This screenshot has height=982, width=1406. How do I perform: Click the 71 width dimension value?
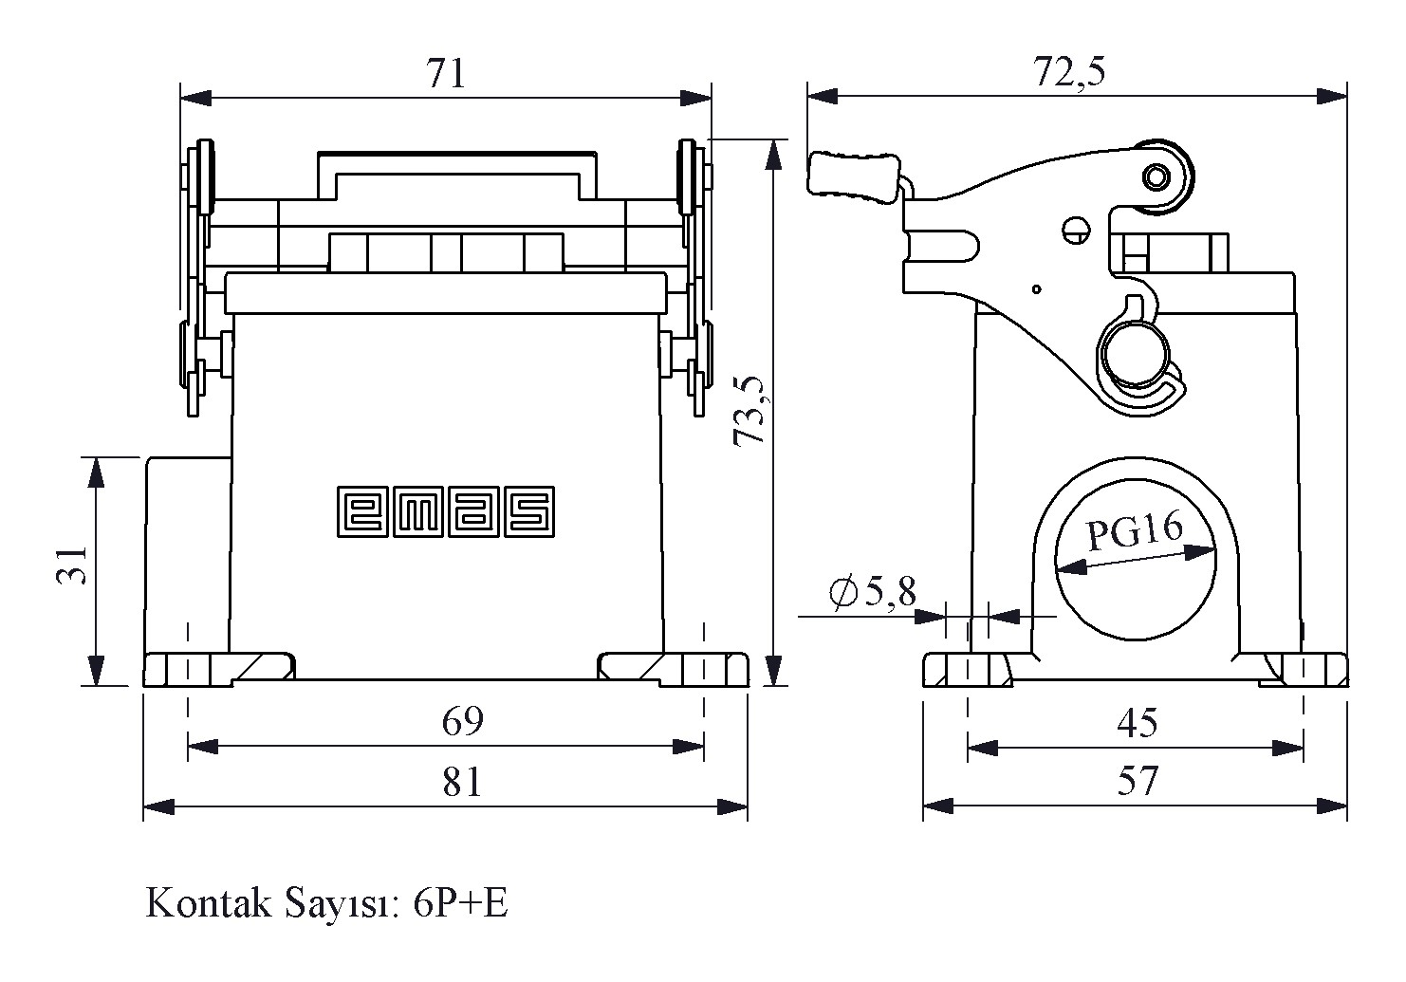(446, 74)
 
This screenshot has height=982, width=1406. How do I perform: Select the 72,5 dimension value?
(1069, 72)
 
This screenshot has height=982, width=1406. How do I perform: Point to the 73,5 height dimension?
(750, 409)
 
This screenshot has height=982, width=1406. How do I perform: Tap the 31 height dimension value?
(72, 565)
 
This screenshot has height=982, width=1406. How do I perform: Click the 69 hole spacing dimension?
(463, 722)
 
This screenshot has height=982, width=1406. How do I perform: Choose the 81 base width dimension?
(462, 783)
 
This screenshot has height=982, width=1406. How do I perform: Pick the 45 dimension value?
(1137, 724)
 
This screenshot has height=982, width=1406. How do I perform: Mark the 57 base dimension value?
(1137, 782)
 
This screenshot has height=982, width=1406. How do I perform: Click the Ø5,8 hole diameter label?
(872, 593)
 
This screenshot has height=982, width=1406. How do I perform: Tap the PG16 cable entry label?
(1134, 532)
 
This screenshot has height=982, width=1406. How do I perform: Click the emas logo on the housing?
(446, 512)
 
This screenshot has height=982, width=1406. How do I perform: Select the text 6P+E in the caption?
(461, 904)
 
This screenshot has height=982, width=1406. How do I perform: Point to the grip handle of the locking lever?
(853, 177)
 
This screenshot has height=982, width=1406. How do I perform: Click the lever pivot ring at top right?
(1156, 177)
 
